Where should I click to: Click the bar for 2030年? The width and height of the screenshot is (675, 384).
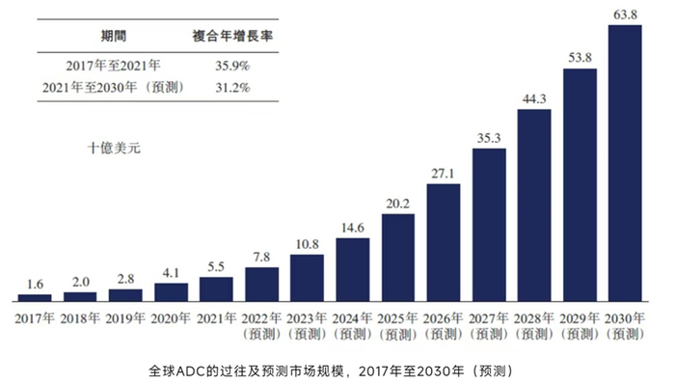click(625, 164)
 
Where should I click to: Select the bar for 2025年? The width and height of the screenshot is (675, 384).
click(398, 259)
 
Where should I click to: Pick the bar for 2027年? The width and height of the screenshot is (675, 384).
click(489, 226)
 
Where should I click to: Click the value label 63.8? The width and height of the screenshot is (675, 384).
click(625, 14)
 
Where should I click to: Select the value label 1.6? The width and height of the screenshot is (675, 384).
click(35, 285)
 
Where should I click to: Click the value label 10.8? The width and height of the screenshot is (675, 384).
click(307, 244)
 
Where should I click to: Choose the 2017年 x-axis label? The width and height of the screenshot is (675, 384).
click(35, 317)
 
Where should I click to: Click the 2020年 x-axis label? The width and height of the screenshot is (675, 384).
click(171, 317)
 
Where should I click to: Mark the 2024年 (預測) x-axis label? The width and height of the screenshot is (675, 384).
click(353, 325)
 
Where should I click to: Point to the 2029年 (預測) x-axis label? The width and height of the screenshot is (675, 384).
click(580, 325)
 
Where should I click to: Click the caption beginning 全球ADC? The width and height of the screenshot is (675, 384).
click(337, 370)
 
